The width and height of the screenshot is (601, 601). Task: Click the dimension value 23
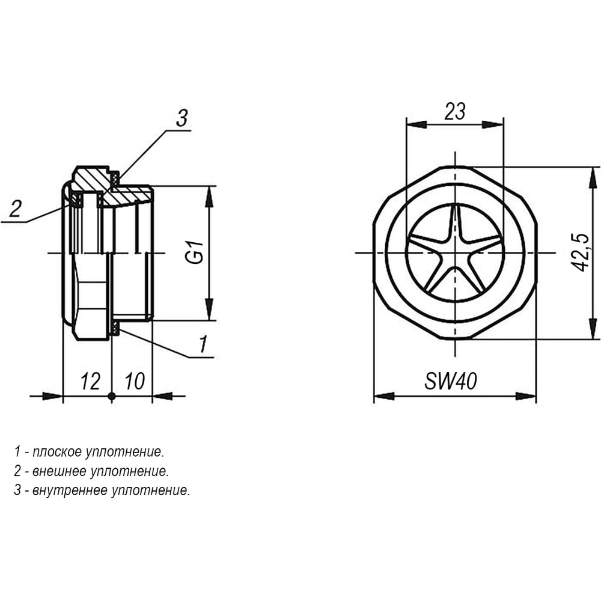(455, 111)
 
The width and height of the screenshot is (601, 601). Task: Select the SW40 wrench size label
(451, 382)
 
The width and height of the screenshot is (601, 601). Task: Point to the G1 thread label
(194, 252)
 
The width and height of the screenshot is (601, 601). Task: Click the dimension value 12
(91, 382)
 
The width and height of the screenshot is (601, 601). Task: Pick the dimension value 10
(135, 382)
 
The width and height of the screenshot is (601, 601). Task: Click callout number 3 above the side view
(182, 118)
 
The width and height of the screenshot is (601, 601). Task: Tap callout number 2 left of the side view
(16, 209)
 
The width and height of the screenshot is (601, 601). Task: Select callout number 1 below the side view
(203, 344)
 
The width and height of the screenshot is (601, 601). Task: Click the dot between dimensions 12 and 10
(112, 396)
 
